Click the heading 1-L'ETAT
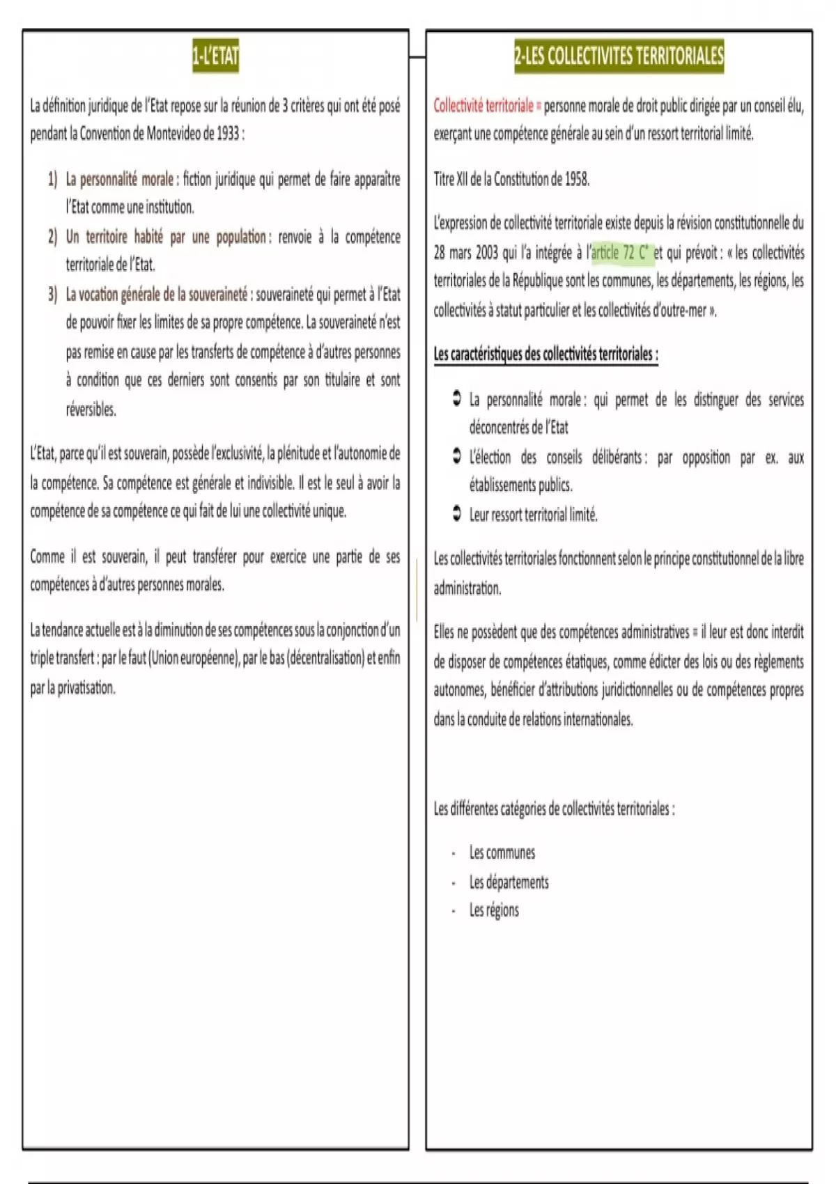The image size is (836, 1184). coord(215,56)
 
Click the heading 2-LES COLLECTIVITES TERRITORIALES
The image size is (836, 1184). coord(619,56)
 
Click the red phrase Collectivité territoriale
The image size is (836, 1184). coord(483,106)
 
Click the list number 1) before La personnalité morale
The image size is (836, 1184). coord(53,180)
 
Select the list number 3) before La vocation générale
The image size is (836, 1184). coord(53,295)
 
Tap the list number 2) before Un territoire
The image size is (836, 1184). coord(53,237)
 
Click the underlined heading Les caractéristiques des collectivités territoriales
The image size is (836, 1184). coord(545,355)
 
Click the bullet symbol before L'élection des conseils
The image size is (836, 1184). coord(456,457)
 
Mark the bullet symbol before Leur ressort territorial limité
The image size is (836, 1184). coord(456,515)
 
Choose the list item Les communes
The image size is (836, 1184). coord(502,852)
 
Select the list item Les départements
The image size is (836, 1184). coord(509,882)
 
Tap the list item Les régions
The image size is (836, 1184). coord(493,910)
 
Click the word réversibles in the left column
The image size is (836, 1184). coord(91,410)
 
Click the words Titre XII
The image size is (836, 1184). coord(451,179)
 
